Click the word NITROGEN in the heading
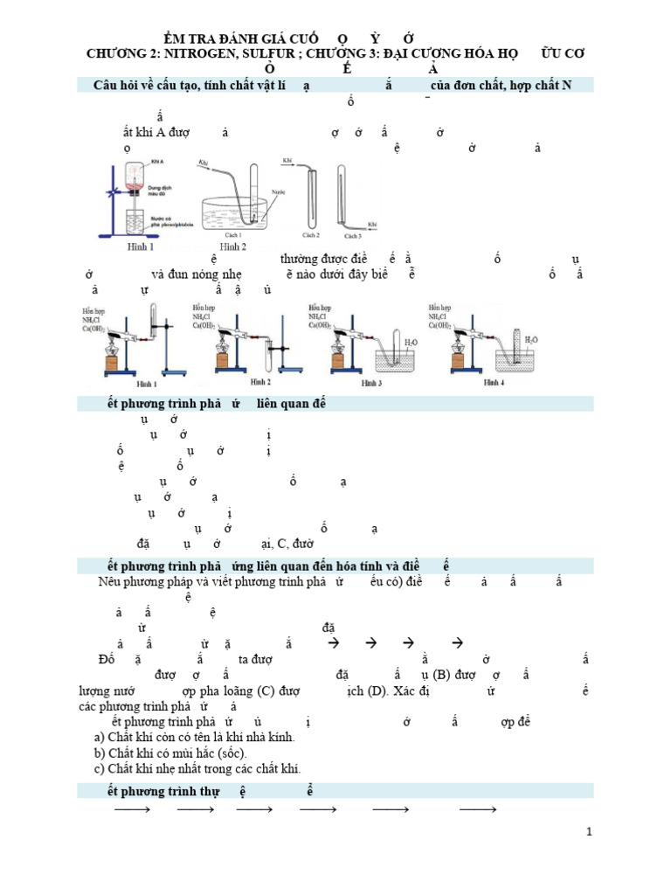coord(189,54)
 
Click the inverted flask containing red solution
coord(135,180)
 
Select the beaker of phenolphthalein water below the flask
coord(135,224)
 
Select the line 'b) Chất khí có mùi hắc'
coord(170,753)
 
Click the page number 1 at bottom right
coord(590,831)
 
